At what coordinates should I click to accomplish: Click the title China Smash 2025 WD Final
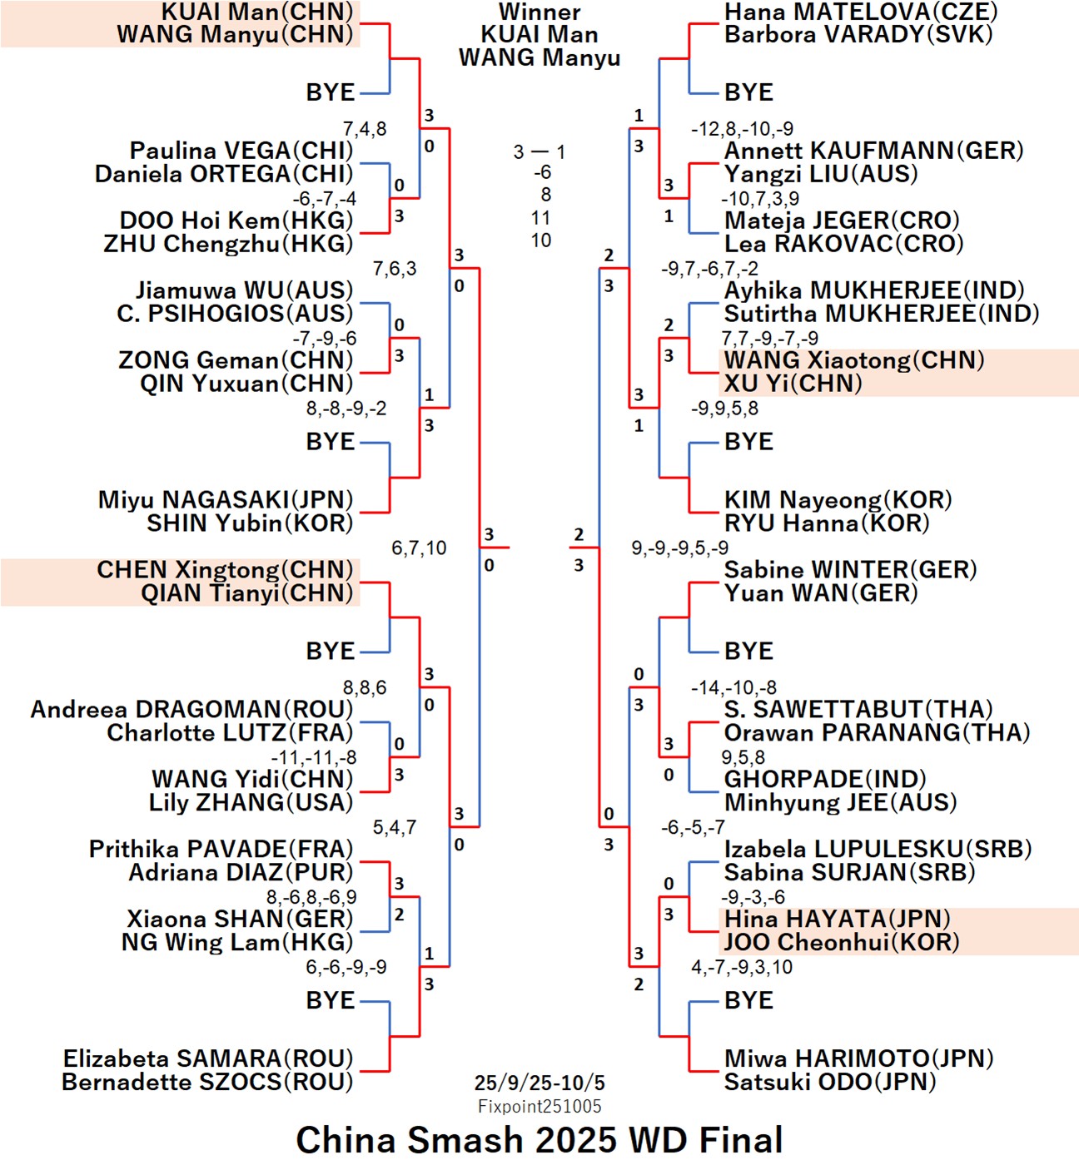539,1140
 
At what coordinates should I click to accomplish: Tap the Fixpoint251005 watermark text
539,1106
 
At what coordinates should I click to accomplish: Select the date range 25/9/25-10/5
539,1083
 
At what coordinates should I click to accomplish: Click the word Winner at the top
539,12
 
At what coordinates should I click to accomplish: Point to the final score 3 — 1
539,151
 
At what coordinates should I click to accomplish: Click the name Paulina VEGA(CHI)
241,151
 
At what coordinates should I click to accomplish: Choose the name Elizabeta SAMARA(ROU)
208,1058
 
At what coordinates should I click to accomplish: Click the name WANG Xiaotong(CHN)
854,360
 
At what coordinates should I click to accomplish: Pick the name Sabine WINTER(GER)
850,570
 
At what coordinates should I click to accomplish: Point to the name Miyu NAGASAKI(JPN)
226,499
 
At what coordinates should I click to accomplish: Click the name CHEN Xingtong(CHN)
225,570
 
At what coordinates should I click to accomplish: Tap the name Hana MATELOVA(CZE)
861,12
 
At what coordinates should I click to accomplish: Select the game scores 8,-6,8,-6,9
311,897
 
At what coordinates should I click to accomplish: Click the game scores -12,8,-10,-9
742,129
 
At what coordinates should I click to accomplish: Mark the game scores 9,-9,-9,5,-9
679,548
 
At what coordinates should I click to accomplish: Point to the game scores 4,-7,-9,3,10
741,967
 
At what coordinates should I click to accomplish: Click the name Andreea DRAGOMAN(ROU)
191,709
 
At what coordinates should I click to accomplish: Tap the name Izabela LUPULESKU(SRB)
878,849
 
